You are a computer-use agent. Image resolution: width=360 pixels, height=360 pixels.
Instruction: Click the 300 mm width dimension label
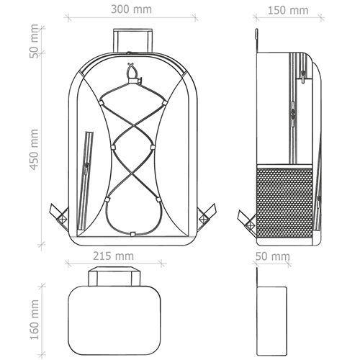coord(131,9)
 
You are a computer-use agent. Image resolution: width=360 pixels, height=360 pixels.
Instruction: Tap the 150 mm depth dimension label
coord(288,10)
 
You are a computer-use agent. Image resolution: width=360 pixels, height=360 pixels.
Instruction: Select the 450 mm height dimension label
coord(34,150)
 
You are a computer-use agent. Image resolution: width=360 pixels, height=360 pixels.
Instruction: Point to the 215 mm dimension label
coord(113,256)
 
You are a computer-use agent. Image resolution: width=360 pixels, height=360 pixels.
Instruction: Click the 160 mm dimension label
coord(34,320)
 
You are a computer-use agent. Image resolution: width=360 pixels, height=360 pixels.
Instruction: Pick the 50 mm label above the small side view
coord(273,256)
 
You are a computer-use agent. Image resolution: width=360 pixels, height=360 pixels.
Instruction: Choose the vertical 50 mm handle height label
coord(34,41)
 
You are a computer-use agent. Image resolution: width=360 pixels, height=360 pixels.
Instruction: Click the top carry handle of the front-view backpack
coord(132,40)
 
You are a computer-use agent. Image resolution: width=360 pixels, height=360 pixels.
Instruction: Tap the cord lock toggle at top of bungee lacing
coord(132,73)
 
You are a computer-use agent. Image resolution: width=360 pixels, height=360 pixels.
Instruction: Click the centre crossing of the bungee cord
coord(132,125)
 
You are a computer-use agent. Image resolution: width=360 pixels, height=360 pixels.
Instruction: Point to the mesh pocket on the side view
coord(284,202)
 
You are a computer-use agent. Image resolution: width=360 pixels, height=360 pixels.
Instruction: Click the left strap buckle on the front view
coord(62,218)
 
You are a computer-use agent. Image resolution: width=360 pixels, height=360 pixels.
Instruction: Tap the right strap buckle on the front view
coord(204,218)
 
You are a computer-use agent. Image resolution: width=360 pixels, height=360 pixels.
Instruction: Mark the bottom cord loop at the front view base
coord(132,234)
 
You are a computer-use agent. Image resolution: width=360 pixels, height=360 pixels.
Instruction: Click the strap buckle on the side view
coord(250,225)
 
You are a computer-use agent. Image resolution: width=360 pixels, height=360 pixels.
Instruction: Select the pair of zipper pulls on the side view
coord(293,113)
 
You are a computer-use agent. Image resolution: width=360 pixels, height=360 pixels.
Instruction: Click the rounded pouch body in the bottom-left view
coord(114,320)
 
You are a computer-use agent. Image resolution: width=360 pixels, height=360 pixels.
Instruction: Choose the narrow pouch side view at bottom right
coord(271,321)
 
